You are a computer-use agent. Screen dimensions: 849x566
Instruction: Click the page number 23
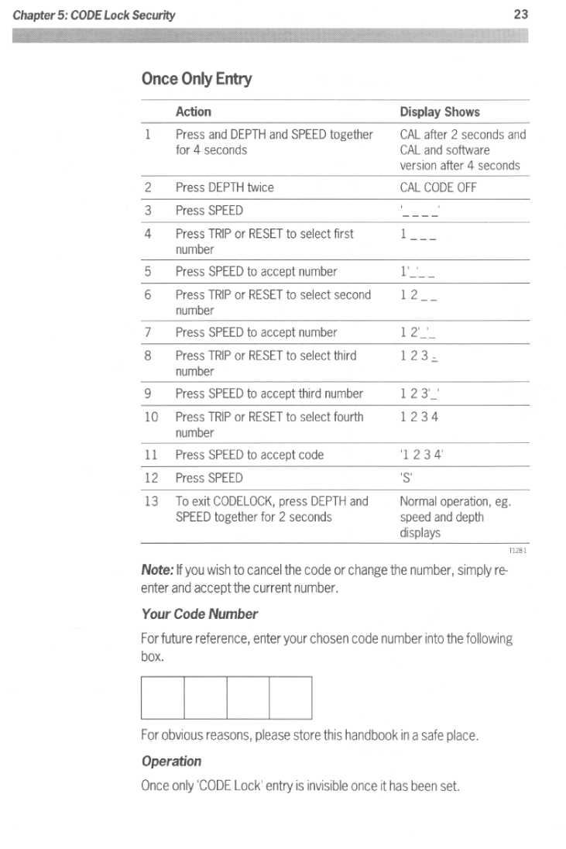[x=520, y=15]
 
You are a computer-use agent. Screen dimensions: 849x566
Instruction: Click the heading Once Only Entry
[x=197, y=79]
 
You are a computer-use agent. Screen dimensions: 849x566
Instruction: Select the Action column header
[x=193, y=112]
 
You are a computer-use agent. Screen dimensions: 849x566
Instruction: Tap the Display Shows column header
[x=439, y=112]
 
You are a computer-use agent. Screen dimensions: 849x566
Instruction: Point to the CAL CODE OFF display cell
[x=438, y=187]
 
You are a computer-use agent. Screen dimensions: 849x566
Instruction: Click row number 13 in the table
[x=151, y=501]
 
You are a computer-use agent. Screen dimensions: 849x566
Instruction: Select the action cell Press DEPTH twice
[x=225, y=187]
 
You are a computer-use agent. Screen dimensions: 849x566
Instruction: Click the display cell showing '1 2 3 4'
[x=421, y=455]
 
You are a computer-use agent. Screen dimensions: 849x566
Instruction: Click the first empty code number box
[x=163, y=698]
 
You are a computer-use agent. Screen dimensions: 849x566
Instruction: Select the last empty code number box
[x=290, y=698]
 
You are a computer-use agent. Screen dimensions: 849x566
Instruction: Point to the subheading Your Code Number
[x=199, y=614]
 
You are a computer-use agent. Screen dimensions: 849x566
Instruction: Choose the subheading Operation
[x=171, y=761]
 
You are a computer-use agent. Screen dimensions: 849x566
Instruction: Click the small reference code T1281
[x=517, y=551]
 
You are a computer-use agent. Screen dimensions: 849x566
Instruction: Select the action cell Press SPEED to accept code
[x=249, y=455]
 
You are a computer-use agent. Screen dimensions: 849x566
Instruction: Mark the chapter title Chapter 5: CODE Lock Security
[x=92, y=15]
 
